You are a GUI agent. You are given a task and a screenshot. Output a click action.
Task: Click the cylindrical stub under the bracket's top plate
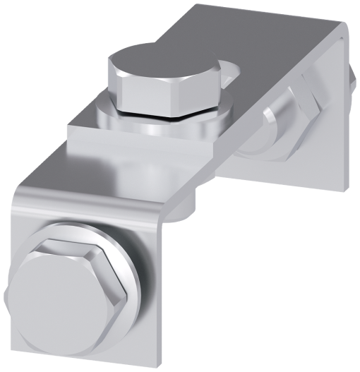(x=191, y=208)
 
